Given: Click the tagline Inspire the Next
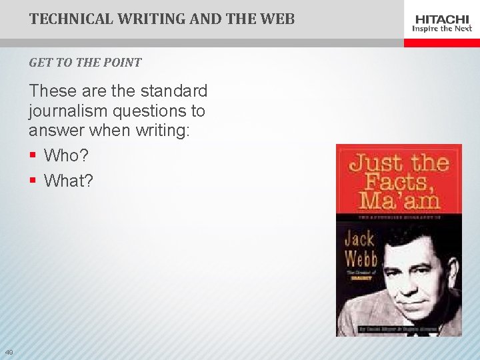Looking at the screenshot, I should pyautogui.click(x=442, y=29).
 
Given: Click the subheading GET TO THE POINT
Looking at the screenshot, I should pyautogui.click(x=85, y=63).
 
